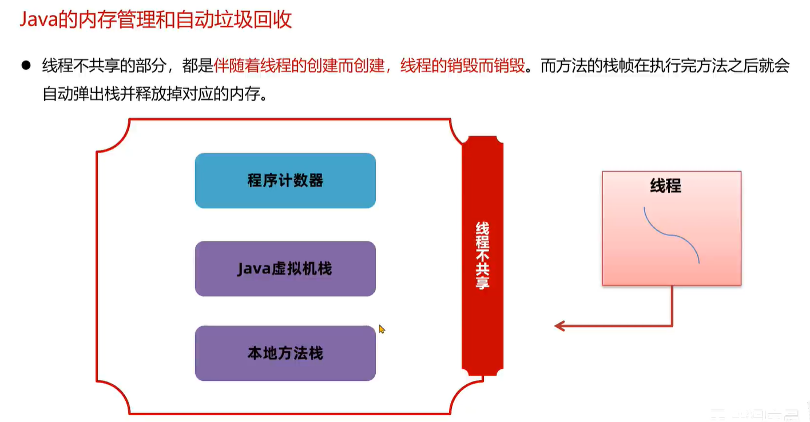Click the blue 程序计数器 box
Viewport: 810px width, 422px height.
[x=285, y=181]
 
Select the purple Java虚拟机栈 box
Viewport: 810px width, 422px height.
[x=285, y=269]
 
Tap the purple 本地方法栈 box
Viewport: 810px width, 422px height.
[x=285, y=353]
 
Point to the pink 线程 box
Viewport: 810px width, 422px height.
[x=671, y=229]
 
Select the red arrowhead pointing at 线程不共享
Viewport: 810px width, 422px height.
[x=559, y=326]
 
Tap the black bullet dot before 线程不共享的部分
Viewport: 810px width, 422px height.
[x=25, y=65]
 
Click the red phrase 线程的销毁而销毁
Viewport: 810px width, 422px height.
[x=462, y=66]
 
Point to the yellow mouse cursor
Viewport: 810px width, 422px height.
[x=382, y=329]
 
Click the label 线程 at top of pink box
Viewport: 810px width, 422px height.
[x=665, y=186]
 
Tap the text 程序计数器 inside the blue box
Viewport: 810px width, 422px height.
[x=285, y=181]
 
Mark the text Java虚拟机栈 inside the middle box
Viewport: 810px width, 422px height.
[x=285, y=269]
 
